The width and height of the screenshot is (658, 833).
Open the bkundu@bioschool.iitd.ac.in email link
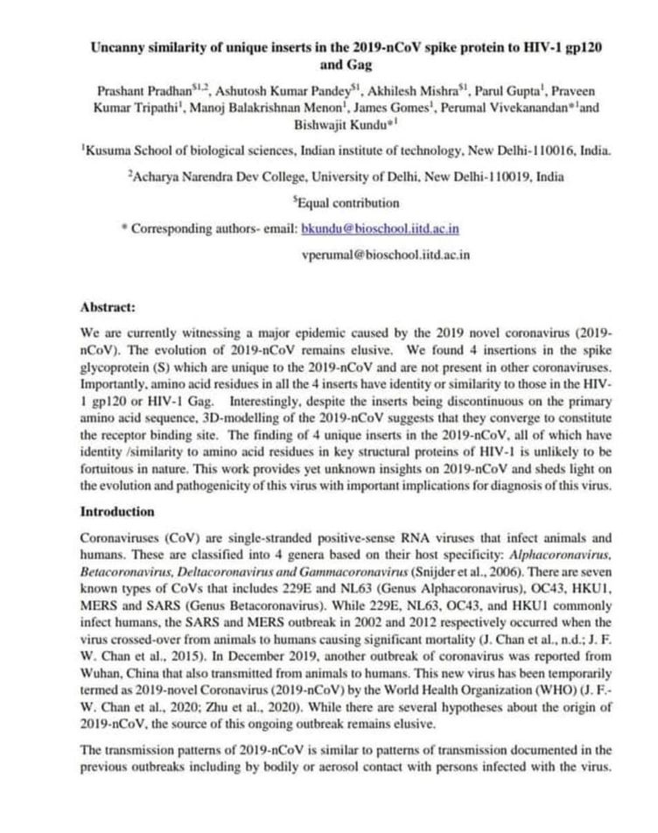click(380, 228)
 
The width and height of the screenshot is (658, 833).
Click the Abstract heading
click(108, 307)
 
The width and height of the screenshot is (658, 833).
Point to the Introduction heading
click(117, 511)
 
